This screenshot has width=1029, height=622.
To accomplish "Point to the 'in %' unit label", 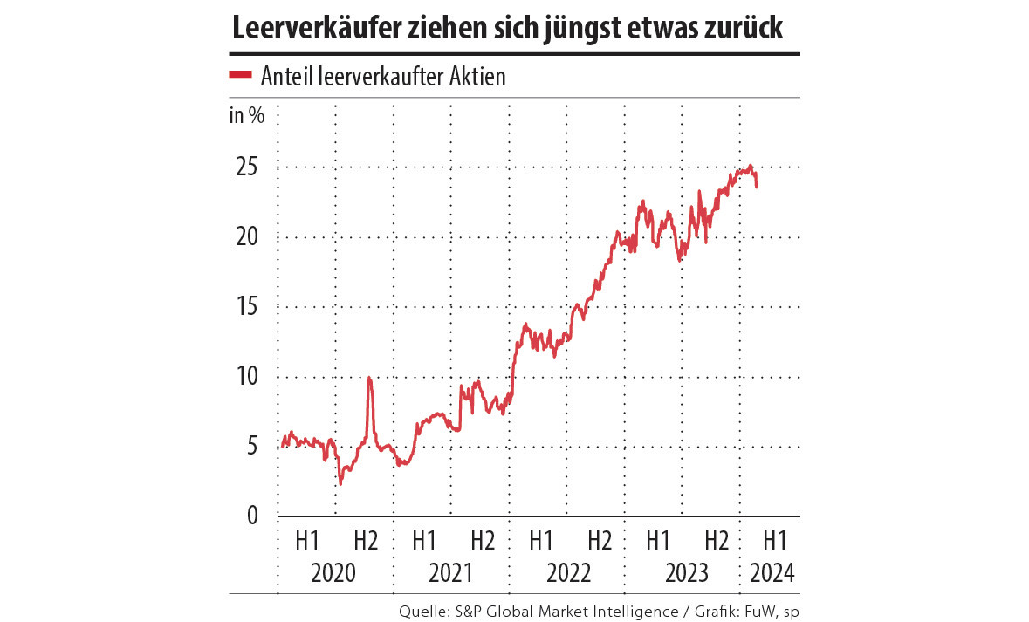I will coord(246,115).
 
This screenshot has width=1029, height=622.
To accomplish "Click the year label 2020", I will coord(334,573).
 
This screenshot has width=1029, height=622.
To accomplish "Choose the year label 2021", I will coord(450,573).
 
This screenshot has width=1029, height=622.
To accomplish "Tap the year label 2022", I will coord(568,573).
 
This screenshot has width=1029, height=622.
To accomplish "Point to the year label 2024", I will coord(773,573).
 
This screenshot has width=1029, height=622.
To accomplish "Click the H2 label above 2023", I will coord(717,540).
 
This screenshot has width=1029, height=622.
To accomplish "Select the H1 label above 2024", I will coord(773,540).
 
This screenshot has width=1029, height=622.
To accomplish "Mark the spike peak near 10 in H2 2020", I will coord(369,378).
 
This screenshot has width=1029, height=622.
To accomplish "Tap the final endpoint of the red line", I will coord(756,187).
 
